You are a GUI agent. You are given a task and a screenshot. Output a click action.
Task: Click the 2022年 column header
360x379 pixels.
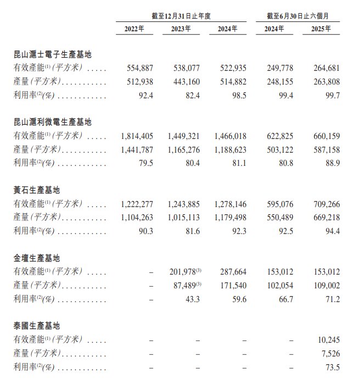click(134, 29)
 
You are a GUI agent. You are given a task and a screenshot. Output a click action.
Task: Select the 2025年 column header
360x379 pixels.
click(320, 29)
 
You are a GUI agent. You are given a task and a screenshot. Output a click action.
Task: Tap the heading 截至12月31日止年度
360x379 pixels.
click(181, 15)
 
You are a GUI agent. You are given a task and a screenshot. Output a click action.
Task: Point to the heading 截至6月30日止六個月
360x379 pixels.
click(297, 15)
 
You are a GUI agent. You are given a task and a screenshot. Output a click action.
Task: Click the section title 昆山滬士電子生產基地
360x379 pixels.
click(52, 55)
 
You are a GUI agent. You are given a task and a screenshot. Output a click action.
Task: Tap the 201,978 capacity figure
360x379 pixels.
click(183, 272)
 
